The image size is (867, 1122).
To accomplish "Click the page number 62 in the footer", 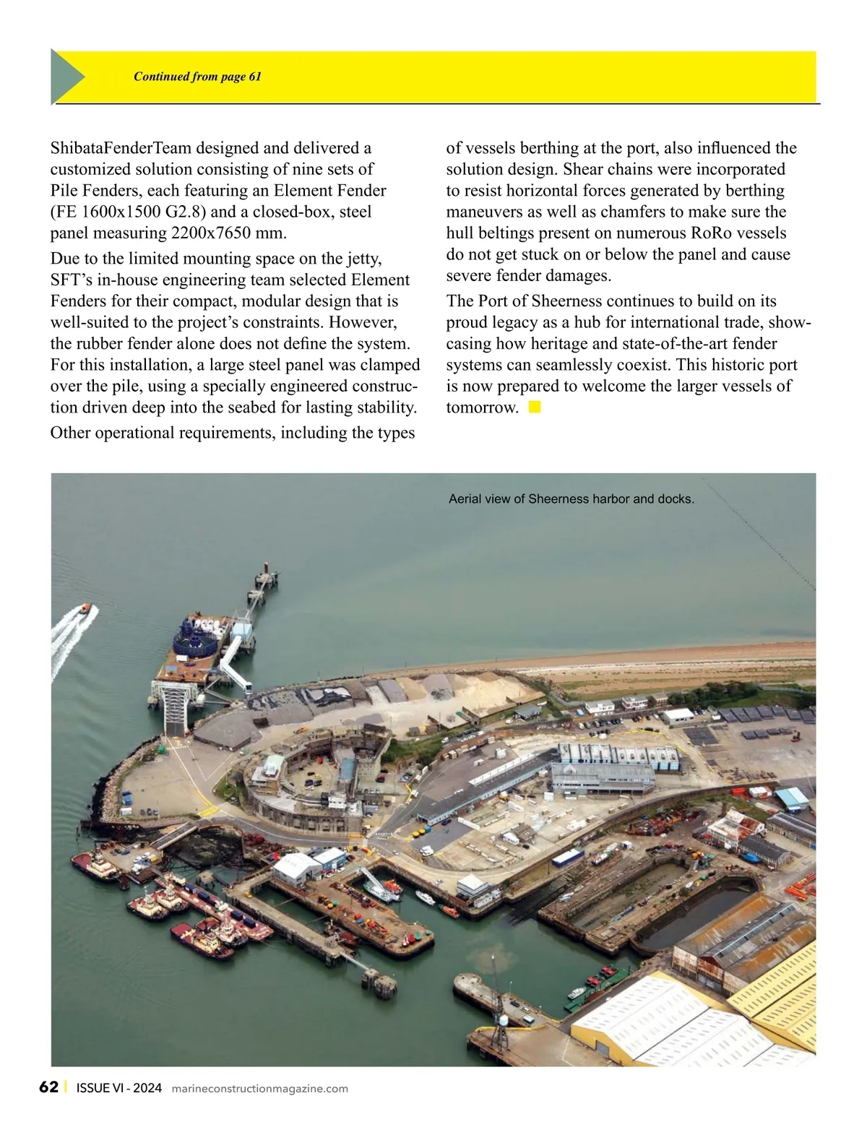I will pos(48,1087).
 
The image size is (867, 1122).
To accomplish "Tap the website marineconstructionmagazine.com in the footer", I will pos(260,1089).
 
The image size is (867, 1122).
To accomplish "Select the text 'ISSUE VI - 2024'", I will pos(118,1089).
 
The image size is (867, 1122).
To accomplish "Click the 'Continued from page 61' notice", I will pos(197,77).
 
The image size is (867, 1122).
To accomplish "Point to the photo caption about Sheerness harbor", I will pos(571,499).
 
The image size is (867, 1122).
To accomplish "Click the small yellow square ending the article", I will pos(535,407).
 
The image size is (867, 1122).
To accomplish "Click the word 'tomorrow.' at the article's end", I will pos(482,407).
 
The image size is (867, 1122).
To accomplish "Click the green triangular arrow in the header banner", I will pos(66,77).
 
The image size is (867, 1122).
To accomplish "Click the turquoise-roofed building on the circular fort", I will pos(273,764).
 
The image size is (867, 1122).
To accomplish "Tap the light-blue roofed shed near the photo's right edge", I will pos(791,798).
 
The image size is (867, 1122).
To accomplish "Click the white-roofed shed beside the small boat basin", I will pos(298,865).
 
